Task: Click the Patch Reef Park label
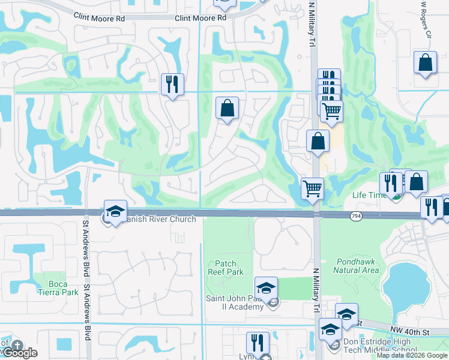click(229, 268)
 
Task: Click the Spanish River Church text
click(158, 219)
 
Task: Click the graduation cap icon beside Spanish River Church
click(115, 211)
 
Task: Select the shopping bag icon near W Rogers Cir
click(425, 62)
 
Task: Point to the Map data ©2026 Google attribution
click(412, 355)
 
